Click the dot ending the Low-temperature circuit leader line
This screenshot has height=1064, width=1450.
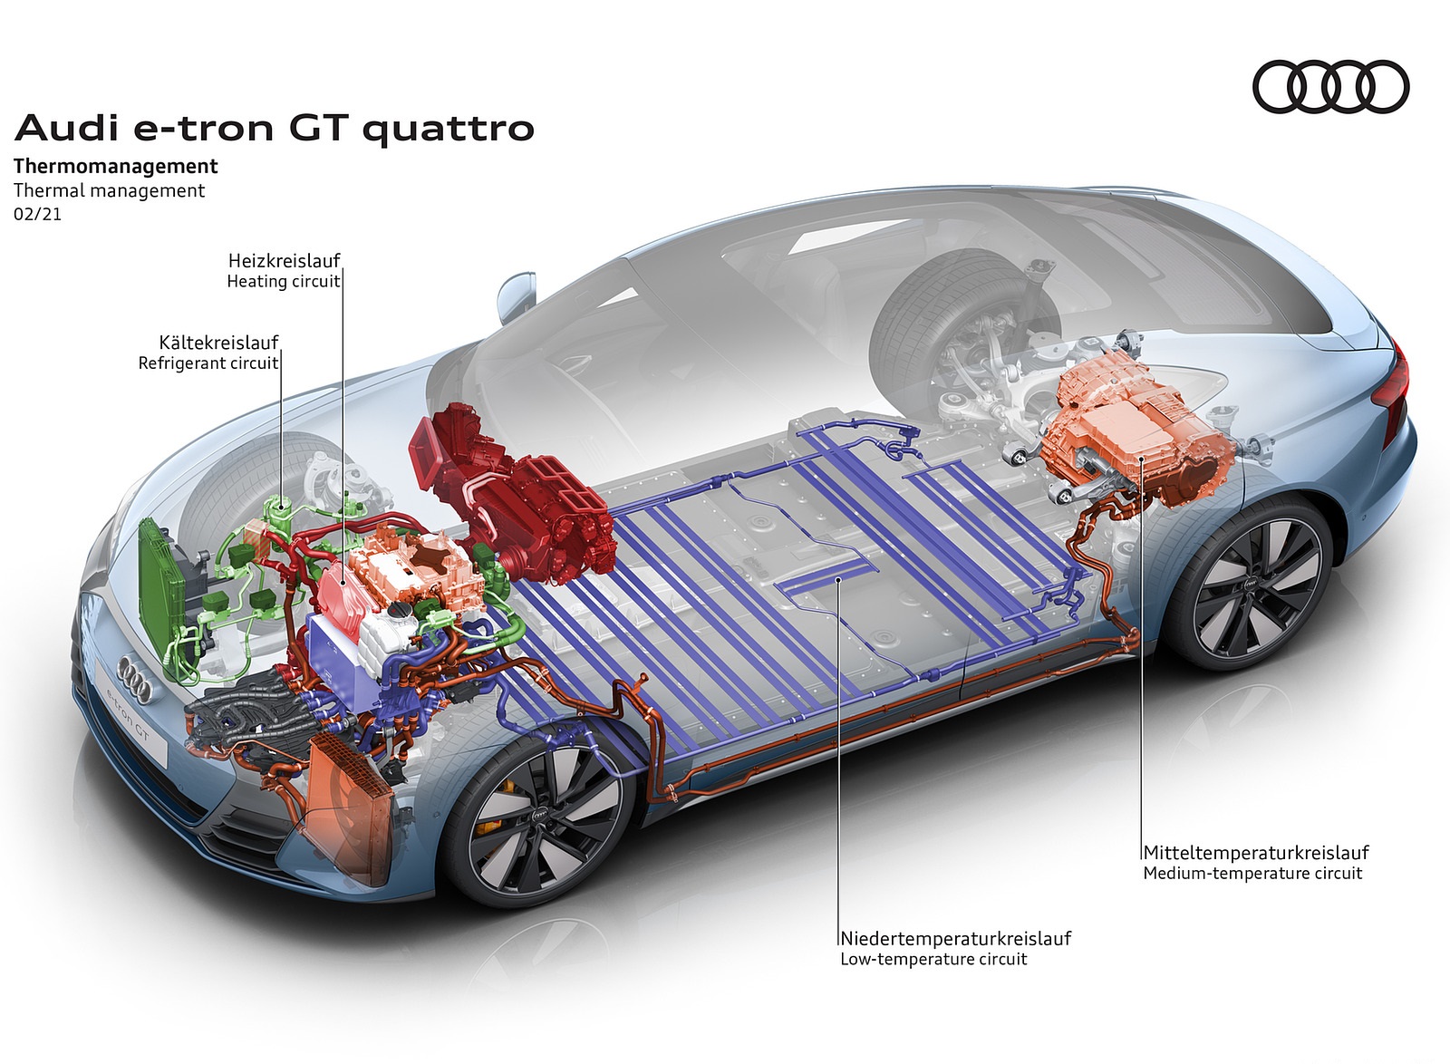(x=837, y=581)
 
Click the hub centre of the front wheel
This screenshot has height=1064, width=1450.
(x=541, y=817)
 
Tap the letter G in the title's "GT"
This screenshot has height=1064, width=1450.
(x=308, y=128)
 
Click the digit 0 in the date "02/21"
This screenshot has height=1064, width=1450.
(x=19, y=214)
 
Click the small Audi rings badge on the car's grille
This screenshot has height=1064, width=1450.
(x=135, y=679)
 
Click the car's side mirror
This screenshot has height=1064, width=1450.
(x=516, y=297)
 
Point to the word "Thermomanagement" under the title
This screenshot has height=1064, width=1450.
(x=116, y=167)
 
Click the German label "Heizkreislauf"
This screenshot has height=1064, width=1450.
(x=285, y=261)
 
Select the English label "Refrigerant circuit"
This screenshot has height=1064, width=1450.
(x=208, y=363)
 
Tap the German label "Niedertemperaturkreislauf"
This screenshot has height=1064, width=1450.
(x=956, y=938)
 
